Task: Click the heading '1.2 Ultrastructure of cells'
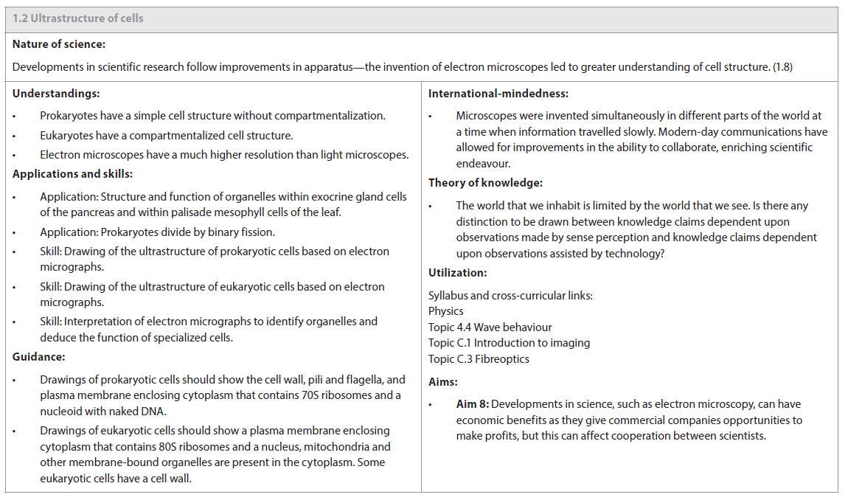click(x=78, y=18)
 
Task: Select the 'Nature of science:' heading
click(x=59, y=44)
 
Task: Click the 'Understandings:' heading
click(x=56, y=94)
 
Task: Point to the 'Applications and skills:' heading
click(x=72, y=175)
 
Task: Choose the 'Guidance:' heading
click(x=39, y=357)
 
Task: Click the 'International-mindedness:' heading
click(x=498, y=94)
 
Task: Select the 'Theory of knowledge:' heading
click(x=485, y=183)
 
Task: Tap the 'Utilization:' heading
click(x=458, y=273)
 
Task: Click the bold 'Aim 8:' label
click(x=473, y=404)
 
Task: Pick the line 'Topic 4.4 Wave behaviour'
click(x=490, y=327)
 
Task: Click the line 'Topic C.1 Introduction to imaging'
click(x=509, y=343)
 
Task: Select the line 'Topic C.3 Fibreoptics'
click(x=479, y=359)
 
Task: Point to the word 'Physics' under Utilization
click(x=446, y=311)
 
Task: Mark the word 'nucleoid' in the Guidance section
click(x=63, y=412)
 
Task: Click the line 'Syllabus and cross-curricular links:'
click(x=510, y=296)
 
